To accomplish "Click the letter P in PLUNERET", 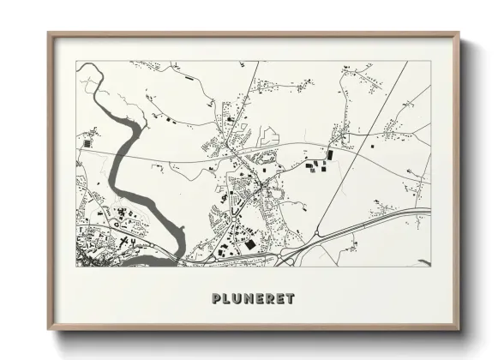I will [215, 299].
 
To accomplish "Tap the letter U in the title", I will [237, 299].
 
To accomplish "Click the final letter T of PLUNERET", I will [291, 299].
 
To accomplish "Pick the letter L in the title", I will [226, 299].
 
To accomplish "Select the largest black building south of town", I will [249, 244].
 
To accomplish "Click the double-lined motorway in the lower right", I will [386, 216].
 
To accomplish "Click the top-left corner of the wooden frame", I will [49, 34].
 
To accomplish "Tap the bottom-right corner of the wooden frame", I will [459, 329].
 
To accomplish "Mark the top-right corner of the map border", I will [429, 62].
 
